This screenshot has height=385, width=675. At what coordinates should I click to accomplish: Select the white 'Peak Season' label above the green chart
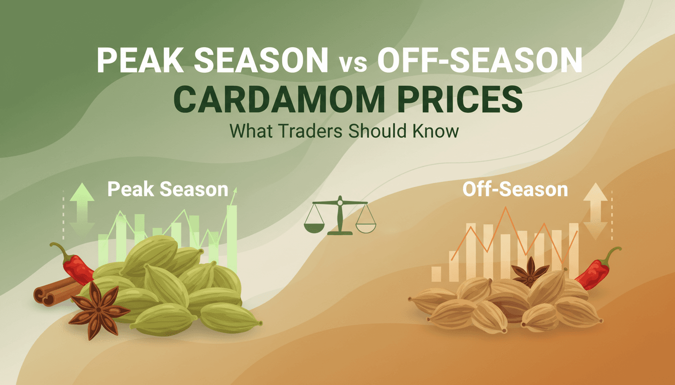pos(167,189)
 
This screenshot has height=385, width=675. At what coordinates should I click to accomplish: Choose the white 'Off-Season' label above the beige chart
pos(515,189)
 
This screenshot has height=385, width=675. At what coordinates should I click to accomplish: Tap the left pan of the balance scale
pos(315,226)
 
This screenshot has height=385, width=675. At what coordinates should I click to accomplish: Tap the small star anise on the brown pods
pos(530,272)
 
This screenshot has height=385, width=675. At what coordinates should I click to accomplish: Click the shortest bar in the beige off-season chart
pos(436,274)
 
